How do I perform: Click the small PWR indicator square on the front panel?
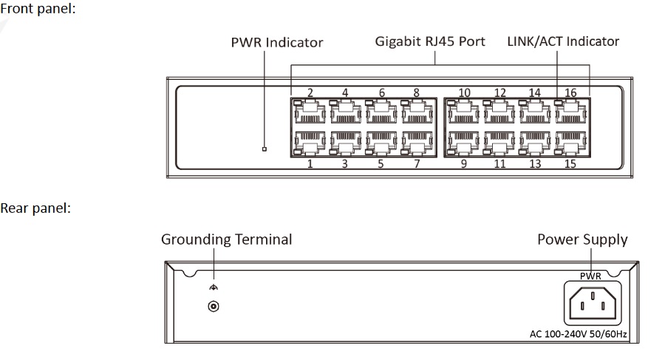pyautogui.click(x=265, y=149)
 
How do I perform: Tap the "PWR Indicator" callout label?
pyautogui.click(x=277, y=42)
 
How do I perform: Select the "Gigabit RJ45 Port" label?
pyautogui.click(x=430, y=41)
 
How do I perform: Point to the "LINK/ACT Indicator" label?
pyautogui.click(x=563, y=41)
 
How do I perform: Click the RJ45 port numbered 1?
pyautogui.click(x=310, y=143)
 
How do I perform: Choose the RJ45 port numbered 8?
pyautogui.click(x=417, y=112)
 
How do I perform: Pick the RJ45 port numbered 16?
pyautogui.click(x=571, y=112)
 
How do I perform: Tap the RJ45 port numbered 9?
pyautogui.click(x=463, y=143)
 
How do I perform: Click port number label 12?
pyautogui.click(x=500, y=92)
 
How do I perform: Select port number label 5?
pyautogui.click(x=381, y=164)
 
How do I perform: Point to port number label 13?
pyautogui.click(x=535, y=164)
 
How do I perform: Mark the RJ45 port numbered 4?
pyautogui.click(x=346, y=112)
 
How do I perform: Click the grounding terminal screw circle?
pyautogui.click(x=214, y=306)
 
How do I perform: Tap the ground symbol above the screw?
pyautogui.click(x=214, y=288)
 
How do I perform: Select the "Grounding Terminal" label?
pyautogui.click(x=227, y=240)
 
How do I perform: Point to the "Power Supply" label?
pyautogui.click(x=582, y=240)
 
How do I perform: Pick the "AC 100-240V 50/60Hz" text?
pyautogui.click(x=578, y=334)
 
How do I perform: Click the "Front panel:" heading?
pyautogui.click(x=38, y=8)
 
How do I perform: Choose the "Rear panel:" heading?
pyautogui.click(x=35, y=208)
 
